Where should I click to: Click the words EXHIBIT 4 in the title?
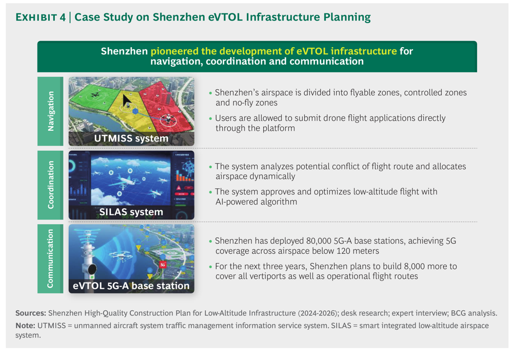click(41, 17)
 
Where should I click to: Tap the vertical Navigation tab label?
click(50, 111)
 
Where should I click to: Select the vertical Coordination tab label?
click(50, 185)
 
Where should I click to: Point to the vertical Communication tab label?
click(50, 258)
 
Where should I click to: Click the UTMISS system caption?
click(131, 138)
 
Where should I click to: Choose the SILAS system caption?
click(131, 212)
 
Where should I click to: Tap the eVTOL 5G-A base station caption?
click(131, 286)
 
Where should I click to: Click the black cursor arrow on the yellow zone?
click(126, 101)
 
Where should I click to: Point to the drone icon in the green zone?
click(95, 95)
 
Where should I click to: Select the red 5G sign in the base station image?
click(163, 265)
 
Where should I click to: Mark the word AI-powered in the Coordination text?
click(238, 202)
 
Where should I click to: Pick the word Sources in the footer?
click(31, 313)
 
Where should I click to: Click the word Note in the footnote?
click(25, 326)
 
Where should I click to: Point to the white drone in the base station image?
click(121, 255)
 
